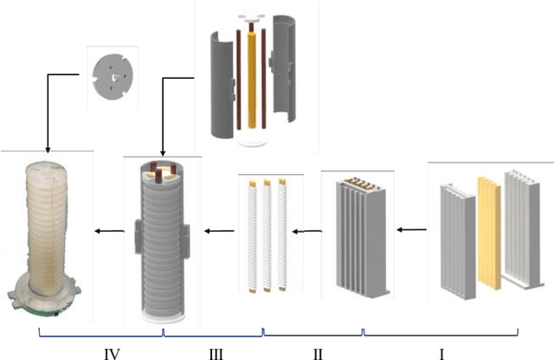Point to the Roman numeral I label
pos(441,352)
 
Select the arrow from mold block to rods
pos(306,231)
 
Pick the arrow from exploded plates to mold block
pos(412,230)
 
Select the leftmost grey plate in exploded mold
pos(456,238)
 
